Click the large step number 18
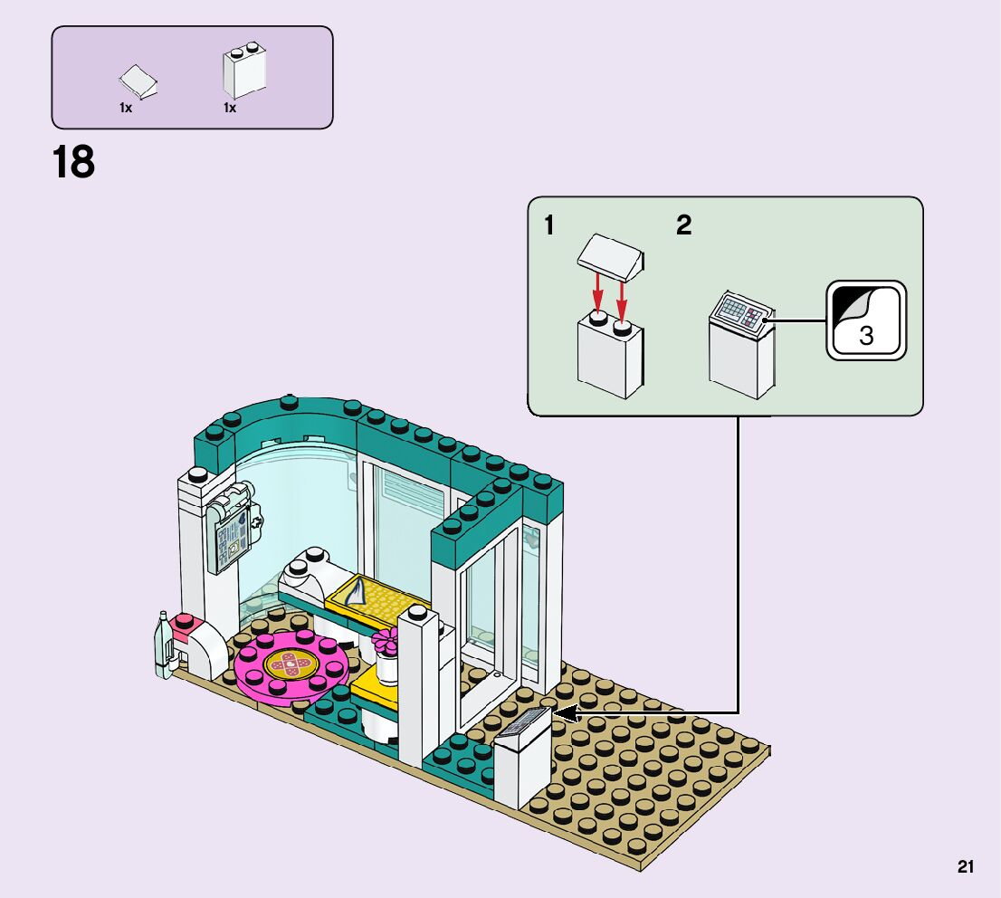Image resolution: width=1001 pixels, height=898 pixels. coord(73,163)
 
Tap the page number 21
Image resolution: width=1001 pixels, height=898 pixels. coord(965,867)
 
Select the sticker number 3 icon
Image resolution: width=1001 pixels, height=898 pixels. coord(865,320)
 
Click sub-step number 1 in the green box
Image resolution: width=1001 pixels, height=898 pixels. coord(549,225)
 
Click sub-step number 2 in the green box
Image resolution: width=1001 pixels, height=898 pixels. coord(684,225)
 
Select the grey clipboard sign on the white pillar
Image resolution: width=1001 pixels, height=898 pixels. coord(229,534)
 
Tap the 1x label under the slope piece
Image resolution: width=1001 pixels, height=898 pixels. coord(126,108)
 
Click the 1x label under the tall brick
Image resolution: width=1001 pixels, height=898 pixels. coord(230,108)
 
